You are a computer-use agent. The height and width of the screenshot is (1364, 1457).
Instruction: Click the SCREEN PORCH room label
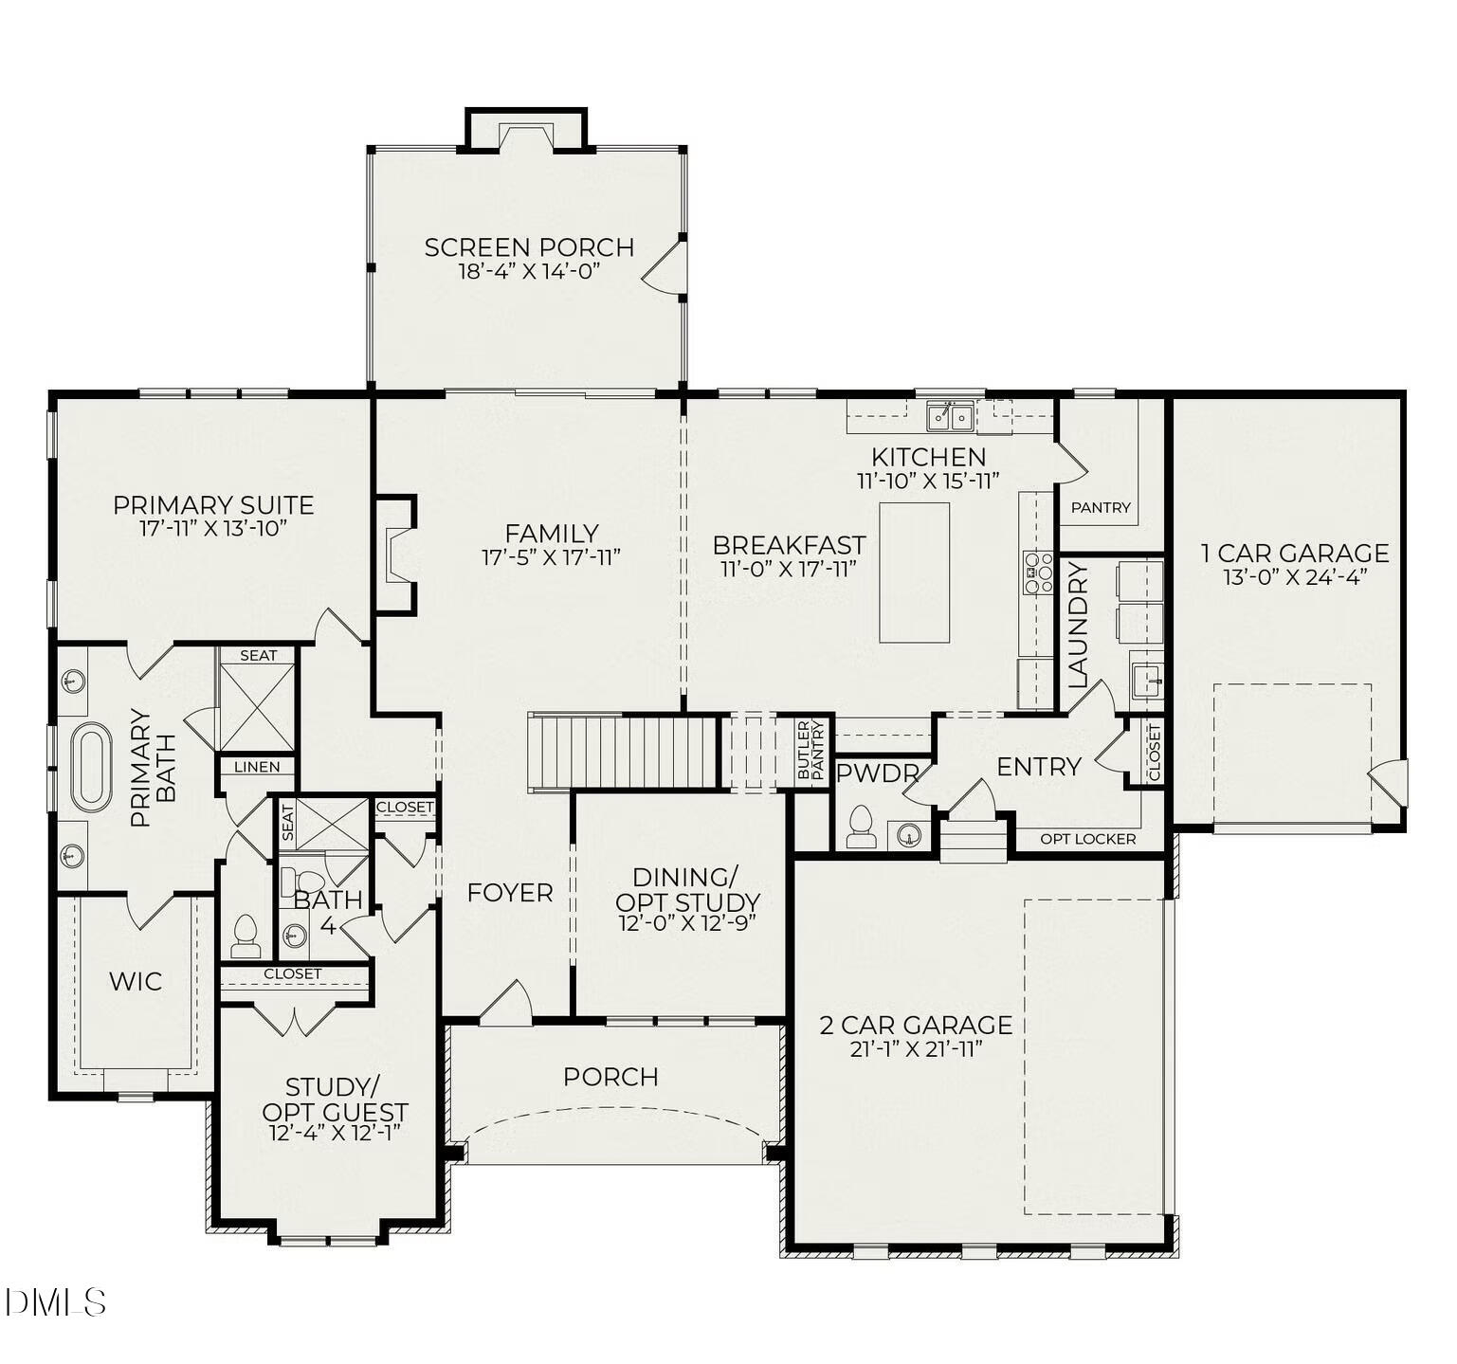[x=529, y=247]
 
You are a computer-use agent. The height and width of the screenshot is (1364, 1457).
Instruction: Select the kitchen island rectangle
[x=914, y=573]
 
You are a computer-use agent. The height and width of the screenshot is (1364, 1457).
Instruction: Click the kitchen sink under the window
[x=950, y=415]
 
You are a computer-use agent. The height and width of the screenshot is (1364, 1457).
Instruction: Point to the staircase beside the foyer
[x=623, y=751]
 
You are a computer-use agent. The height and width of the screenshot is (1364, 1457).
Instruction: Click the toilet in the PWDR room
[x=860, y=827]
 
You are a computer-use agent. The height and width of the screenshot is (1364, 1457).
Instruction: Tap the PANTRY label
[x=1100, y=507]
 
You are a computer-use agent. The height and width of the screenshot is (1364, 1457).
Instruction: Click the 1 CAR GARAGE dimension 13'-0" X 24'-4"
[x=1294, y=577]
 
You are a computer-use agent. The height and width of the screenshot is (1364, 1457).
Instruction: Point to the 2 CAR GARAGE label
[x=916, y=1025]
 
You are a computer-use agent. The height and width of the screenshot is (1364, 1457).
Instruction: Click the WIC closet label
[x=135, y=981]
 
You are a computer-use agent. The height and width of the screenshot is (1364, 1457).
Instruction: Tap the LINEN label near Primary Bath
[x=257, y=767]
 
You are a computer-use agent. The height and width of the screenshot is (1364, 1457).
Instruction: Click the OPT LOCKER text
[x=1087, y=839]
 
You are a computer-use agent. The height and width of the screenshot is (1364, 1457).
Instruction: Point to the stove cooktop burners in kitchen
[x=1037, y=573]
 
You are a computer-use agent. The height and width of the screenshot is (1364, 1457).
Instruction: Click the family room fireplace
[x=394, y=555]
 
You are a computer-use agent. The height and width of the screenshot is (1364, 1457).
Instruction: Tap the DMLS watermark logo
[x=55, y=1301]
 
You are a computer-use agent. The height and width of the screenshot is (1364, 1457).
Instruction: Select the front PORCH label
[x=610, y=1077]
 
